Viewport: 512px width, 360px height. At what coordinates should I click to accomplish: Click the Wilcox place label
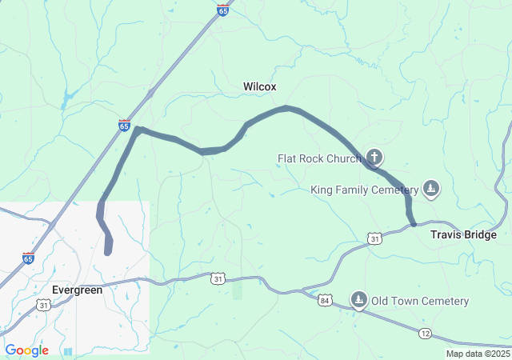tap(259, 86)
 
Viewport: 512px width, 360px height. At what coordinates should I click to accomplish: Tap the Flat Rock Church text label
tap(319, 158)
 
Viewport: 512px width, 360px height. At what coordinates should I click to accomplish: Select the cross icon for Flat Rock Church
tap(374, 157)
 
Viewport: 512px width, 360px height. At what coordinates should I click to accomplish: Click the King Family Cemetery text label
tap(364, 190)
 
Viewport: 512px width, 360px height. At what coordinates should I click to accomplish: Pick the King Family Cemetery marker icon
tap(431, 188)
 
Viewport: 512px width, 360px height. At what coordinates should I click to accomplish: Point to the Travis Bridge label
tap(463, 235)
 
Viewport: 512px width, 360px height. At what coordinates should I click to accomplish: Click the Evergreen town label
tap(77, 290)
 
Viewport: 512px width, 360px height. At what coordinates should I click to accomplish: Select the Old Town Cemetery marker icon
tap(359, 300)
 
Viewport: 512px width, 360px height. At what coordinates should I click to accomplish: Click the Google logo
tap(26, 350)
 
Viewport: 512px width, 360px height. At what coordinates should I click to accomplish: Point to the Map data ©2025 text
tap(478, 354)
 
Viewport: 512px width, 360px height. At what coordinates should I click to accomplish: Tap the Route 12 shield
tap(424, 332)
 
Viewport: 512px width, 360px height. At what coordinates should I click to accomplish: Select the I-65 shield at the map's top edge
tap(222, 10)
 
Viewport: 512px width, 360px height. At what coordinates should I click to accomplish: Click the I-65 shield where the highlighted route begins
tap(124, 126)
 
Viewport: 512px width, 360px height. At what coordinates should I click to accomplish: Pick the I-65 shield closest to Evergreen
tap(28, 258)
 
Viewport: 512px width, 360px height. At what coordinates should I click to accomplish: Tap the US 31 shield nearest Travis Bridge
tap(374, 238)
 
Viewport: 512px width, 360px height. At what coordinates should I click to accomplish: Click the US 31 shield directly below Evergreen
tap(43, 305)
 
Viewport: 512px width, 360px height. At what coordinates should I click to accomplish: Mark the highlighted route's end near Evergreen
tap(108, 252)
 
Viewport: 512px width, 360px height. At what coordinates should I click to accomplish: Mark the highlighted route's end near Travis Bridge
tap(412, 225)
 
